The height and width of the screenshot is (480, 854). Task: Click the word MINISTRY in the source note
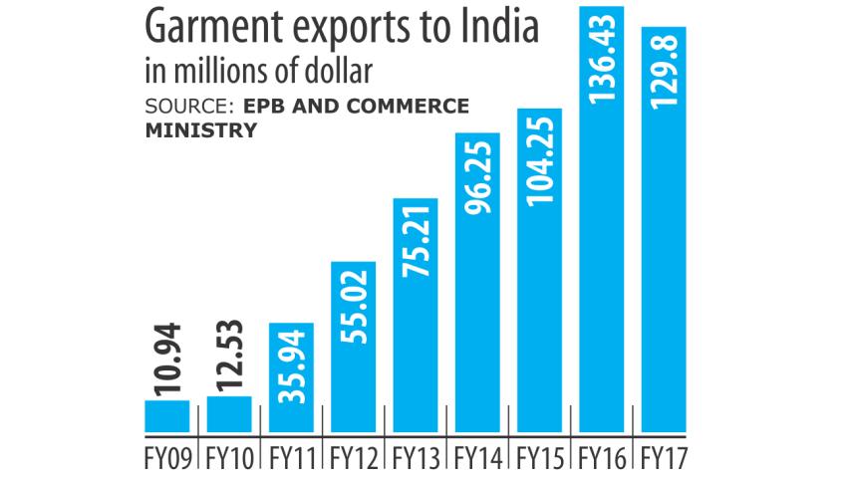tap(193, 129)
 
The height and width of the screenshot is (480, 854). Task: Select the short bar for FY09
tap(167, 417)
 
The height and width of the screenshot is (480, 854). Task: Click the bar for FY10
tap(229, 415)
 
